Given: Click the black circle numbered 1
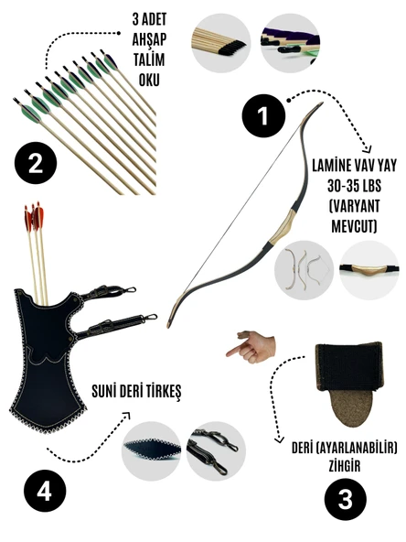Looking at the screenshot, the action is [263, 115].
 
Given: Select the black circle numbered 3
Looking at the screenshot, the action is [345, 499].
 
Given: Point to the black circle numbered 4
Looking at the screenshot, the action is [45, 492].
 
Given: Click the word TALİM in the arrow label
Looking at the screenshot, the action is [149, 60].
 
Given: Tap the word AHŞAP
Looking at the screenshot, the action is [149, 39].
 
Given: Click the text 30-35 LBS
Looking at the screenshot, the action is [354, 187].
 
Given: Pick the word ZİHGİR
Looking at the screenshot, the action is [345, 466].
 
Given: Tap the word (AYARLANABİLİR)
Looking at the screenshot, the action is [356, 449].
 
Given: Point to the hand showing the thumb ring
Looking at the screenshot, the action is [251, 347].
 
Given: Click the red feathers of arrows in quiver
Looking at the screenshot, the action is [34, 217].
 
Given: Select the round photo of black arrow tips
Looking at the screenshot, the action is [221, 43].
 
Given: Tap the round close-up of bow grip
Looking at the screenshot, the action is [369, 270].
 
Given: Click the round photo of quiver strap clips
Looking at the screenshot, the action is [216, 450].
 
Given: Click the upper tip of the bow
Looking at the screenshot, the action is [322, 103].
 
